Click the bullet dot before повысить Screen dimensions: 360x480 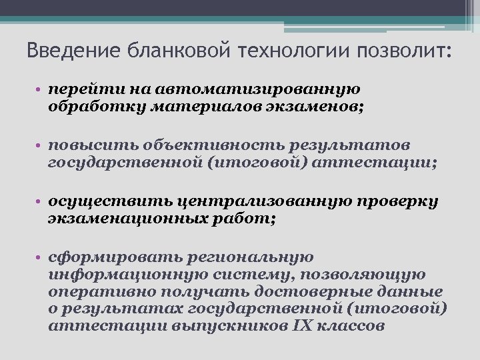(x=41, y=146)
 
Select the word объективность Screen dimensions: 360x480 (x=219, y=145)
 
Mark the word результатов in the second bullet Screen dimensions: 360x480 (x=363, y=145)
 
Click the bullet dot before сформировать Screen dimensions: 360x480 (x=41, y=258)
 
